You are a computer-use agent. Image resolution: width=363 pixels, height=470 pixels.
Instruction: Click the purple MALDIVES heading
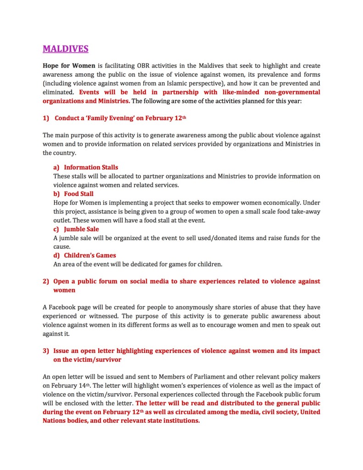click(x=66, y=49)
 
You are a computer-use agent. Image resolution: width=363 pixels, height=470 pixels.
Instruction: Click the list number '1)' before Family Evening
click(x=46, y=118)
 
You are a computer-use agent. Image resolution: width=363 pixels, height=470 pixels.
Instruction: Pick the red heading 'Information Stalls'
click(x=91, y=168)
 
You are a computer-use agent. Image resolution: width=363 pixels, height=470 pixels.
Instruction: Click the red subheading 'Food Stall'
click(x=78, y=194)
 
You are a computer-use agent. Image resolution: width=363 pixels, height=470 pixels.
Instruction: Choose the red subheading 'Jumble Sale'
click(x=81, y=229)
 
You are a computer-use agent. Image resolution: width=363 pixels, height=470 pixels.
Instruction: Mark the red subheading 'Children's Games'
click(x=90, y=255)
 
